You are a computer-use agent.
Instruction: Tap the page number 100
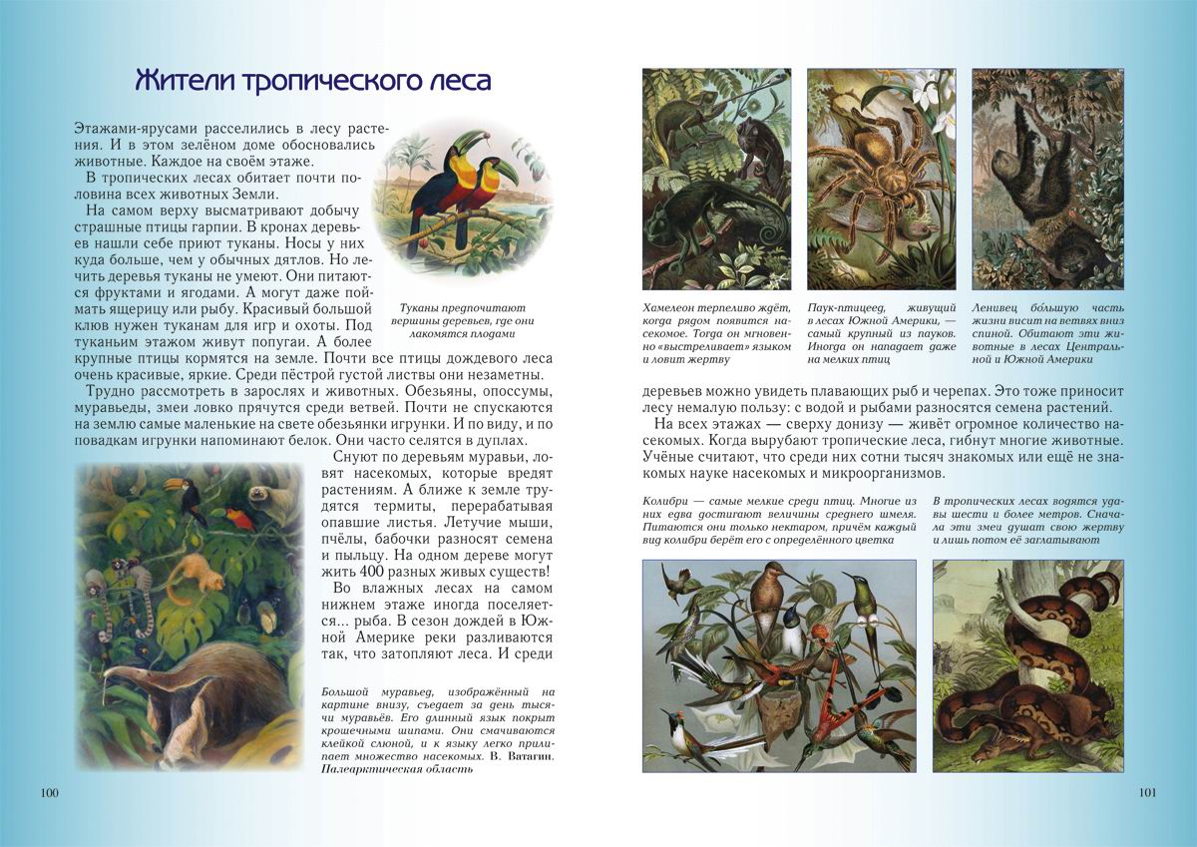[50, 793]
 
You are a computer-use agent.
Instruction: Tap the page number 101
[1146, 793]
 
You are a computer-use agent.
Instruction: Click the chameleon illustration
[716, 179]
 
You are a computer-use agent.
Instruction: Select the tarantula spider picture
[881, 179]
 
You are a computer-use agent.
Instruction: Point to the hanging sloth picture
[1047, 179]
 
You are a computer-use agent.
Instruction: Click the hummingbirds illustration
[778, 665]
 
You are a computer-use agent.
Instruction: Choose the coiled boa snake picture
[1028, 665]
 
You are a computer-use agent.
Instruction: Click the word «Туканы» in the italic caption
[422, 309]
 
